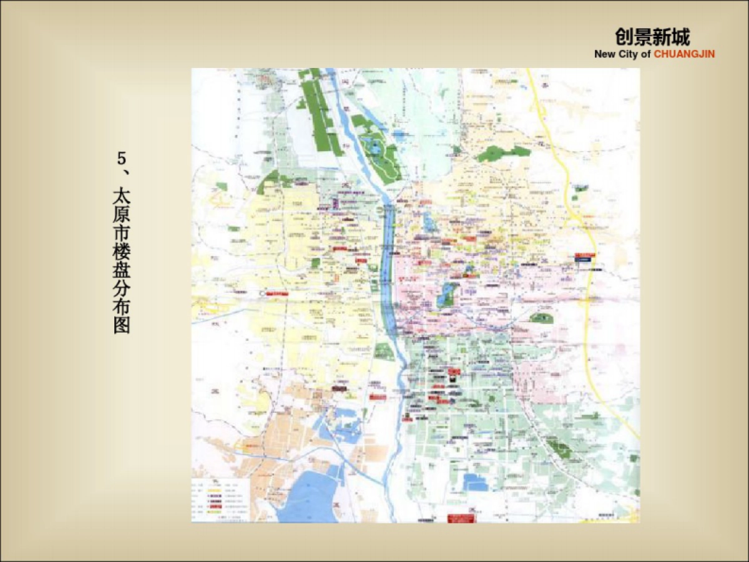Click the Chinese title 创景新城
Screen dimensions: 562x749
tap(652, 37)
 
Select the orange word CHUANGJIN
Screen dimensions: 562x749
tap(684, 54)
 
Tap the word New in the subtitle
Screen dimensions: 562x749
tap(605, 54)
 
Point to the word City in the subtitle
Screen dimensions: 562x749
tap(629, 54)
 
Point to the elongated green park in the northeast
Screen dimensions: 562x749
tap(503, 152)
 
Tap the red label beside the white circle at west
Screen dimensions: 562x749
tap(277, 293)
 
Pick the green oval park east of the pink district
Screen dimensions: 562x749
tap(541, 318)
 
